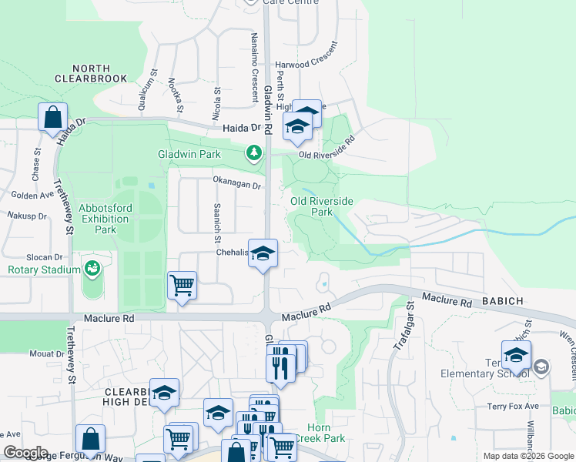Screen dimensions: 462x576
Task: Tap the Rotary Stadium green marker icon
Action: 92,269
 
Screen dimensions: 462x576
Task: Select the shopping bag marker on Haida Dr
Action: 53,118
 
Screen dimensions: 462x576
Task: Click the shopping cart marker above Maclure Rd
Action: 182,285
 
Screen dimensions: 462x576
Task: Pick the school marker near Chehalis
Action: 263,253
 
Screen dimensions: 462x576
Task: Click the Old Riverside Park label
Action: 321,206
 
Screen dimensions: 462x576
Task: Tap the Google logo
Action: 25,453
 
